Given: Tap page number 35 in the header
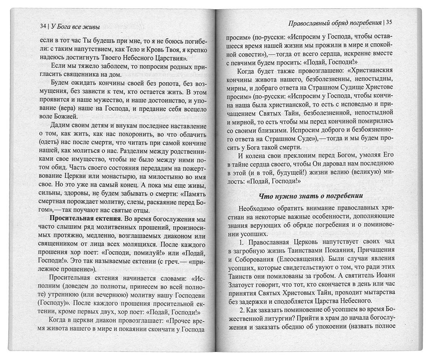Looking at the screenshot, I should coord(389,22).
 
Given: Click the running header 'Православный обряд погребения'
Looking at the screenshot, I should coord(335,23).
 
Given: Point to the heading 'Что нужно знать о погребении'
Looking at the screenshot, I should coord(311,196).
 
